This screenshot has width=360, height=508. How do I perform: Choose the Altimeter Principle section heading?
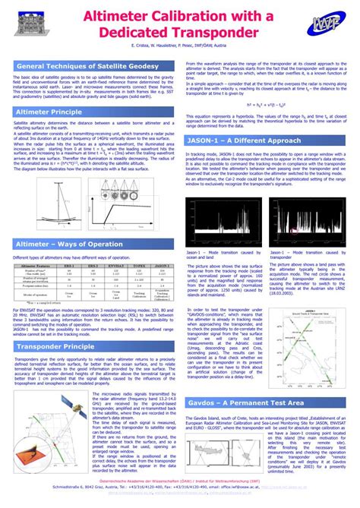pos(49,112)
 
